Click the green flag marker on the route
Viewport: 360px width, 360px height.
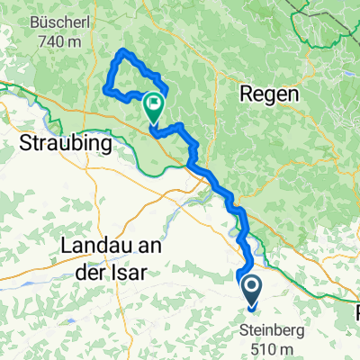point(154,107)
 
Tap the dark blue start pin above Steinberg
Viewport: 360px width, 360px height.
point(250,289)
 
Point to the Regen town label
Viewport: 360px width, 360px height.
point(266,93)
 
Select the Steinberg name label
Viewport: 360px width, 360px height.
point(271,331)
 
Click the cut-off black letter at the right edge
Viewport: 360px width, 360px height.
point(356,313)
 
